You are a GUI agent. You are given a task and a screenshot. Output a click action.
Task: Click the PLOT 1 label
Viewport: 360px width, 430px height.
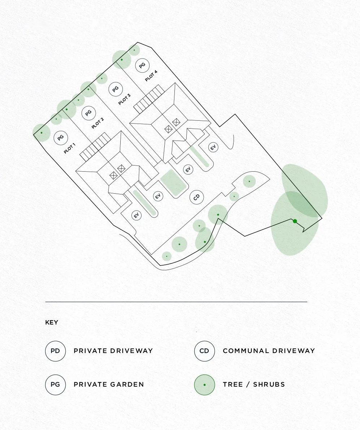pos(70,149)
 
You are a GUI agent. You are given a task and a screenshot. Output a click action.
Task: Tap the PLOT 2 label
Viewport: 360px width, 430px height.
pos(97,123)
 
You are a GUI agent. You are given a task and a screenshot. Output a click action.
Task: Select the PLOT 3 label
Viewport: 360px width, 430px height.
pos(124,99)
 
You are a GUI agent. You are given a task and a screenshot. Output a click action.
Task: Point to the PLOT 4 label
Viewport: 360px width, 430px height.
pos(151,76)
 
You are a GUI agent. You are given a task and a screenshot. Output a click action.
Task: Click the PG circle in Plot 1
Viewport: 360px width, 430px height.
pos(61,138)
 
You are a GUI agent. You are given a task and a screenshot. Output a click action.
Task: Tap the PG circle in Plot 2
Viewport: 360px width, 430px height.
pos(88,113)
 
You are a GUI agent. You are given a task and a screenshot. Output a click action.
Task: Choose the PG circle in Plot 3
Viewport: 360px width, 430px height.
pos(116,89)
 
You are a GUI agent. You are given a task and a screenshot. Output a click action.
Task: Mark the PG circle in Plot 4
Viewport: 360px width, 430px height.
pos(142,65)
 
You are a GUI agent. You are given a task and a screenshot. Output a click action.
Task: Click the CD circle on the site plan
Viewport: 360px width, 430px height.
pos(197,197)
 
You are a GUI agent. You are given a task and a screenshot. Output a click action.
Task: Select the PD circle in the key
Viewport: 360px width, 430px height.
pos(55,351)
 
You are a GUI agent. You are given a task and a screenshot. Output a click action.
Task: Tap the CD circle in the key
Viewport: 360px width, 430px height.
pos(204,351)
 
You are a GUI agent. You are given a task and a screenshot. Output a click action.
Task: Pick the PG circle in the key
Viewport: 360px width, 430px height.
pos(55,384)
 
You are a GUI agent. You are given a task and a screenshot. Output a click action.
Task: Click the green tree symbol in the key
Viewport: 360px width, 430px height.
pos(204,384)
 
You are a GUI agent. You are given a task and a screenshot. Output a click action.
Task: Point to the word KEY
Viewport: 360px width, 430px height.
pos(52,322)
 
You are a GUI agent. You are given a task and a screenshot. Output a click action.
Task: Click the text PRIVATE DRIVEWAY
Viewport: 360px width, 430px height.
pos(113,351)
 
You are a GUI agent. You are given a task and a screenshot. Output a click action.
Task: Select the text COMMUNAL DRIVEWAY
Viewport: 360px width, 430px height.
pos(269,351)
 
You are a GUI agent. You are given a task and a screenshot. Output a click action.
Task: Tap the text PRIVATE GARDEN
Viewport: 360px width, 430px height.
pos(109,384)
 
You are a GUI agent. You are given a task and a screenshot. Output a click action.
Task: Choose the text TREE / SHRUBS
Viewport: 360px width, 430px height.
pos(254,384)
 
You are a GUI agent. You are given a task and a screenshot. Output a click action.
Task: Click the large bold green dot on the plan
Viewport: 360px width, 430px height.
pos(295,221)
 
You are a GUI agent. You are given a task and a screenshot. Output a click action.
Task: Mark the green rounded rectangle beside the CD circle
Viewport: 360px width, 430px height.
pos(174,183)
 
